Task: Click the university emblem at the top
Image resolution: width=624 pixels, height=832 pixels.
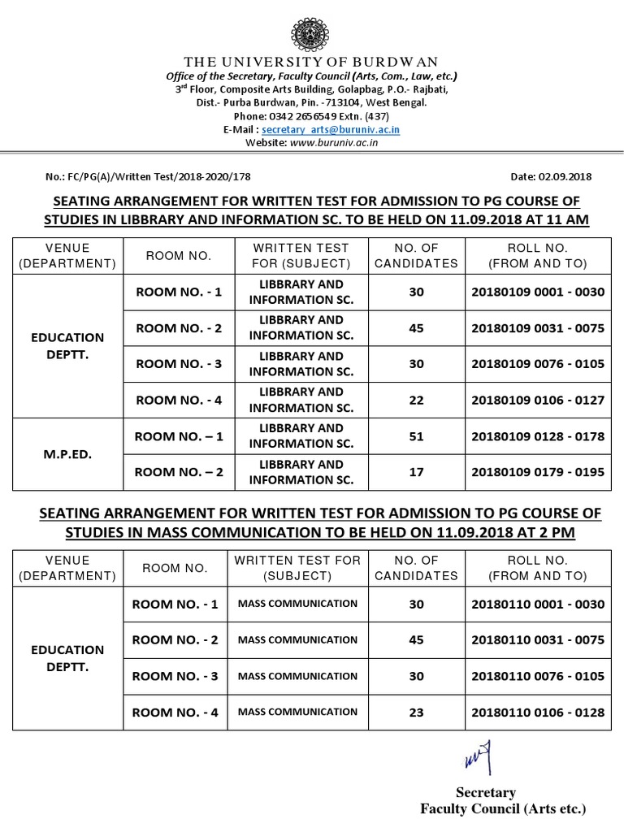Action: point(311,33)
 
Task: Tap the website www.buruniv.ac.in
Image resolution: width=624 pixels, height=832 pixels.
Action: point(333,142)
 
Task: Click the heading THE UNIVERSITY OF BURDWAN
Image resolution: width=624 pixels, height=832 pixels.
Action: point(312,63)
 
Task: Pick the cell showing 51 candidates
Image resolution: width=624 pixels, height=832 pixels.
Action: point(416,436)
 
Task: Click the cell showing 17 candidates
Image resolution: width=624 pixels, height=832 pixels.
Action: point(416,472)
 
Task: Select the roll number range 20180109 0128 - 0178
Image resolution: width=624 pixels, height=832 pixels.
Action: point(537,436)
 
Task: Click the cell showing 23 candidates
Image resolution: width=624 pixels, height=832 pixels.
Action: point(416,712)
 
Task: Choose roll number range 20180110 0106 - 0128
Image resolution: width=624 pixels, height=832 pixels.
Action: point(537,712)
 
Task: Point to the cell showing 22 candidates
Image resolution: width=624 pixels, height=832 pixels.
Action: point(416,400)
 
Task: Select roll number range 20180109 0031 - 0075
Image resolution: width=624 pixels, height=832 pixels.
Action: point(537,328)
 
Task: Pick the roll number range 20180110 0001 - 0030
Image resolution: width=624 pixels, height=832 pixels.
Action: point(537,604)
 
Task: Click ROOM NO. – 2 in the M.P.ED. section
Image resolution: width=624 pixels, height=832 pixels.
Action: point(178,472)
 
